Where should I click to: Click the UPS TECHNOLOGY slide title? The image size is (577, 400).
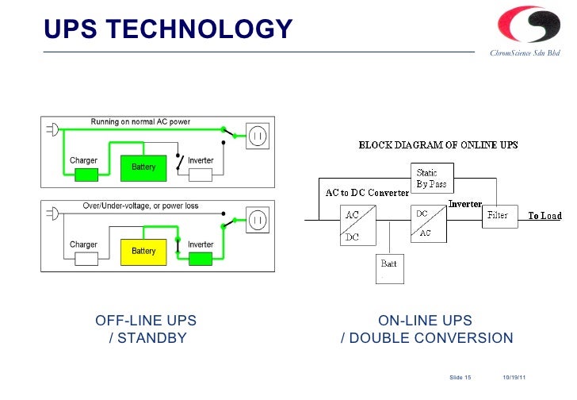[168, 29]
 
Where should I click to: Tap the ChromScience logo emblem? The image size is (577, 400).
[523, 25]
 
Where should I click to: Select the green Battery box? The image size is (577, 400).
[143, 167]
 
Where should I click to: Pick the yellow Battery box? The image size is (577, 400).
[143, 251]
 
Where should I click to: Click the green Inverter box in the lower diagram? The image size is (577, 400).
[201, 259]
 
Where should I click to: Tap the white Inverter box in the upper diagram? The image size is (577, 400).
[201, 175]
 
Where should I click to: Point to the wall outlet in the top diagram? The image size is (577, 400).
[258, 137]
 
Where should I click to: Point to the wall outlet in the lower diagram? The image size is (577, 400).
[258, 220]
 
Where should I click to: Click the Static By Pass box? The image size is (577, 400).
[432, 179]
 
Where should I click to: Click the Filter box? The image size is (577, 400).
[498, 215]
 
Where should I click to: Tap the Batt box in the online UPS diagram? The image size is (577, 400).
[390, 267]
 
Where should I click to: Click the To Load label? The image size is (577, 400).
[545, 216]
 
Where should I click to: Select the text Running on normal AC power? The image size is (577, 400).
[140, 122]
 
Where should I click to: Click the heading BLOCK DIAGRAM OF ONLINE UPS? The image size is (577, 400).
[438, 145]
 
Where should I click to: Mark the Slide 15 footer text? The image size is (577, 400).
[460, 375]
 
